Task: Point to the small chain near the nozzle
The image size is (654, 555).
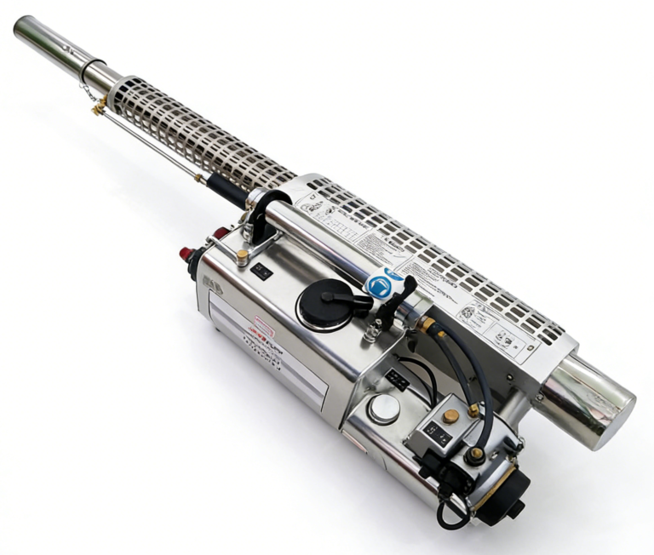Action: click(x=88, y=92)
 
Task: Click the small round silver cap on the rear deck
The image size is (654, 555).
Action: click(x=383, y=409)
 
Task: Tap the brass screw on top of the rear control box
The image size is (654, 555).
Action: click(x=450, y=416)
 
